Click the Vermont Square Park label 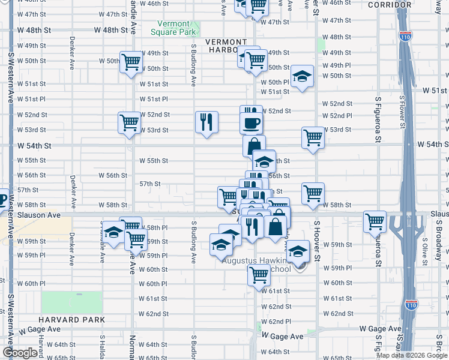(173, 27)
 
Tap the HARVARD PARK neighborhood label (72, 320)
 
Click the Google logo (20, 353)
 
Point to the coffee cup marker (252, 123)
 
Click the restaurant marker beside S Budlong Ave (206, 122)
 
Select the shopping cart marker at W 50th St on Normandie (130, 62)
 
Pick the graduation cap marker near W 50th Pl (303, 76)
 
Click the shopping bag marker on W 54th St (255, 146)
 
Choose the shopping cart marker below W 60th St (259, 275)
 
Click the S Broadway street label (439, 236)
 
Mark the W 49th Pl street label (336, 65)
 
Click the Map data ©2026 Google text (411, 355)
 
